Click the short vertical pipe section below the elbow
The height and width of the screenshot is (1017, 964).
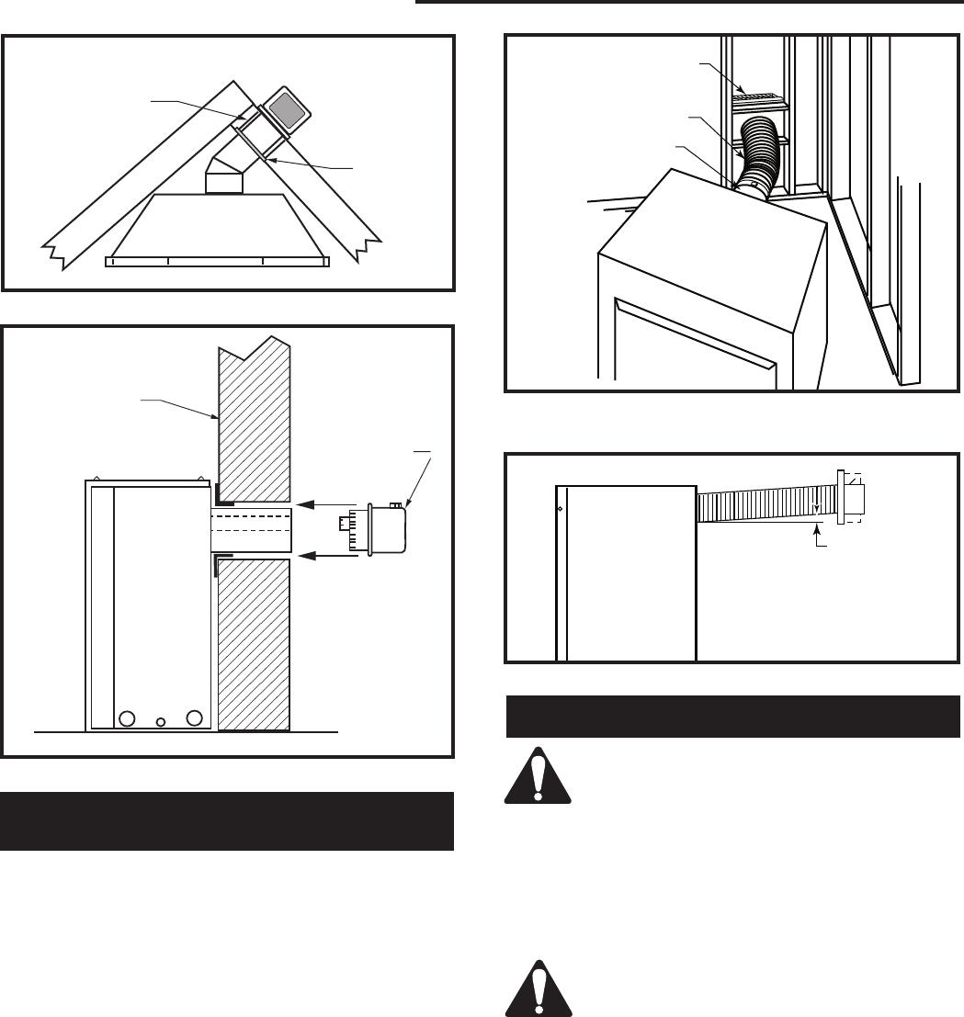click(222, 182)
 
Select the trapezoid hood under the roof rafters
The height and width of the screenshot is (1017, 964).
click(217, 224)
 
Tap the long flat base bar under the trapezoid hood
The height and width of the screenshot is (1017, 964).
click(217, 262)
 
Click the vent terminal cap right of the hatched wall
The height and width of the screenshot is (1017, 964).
click(385, 528)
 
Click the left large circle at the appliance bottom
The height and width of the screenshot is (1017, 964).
click(128, 718)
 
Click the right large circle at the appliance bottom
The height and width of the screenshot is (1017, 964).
click(194, 718)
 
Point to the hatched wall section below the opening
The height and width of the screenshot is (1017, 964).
click(254, 643)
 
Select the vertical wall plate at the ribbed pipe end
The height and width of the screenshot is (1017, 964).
click(840, 497)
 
